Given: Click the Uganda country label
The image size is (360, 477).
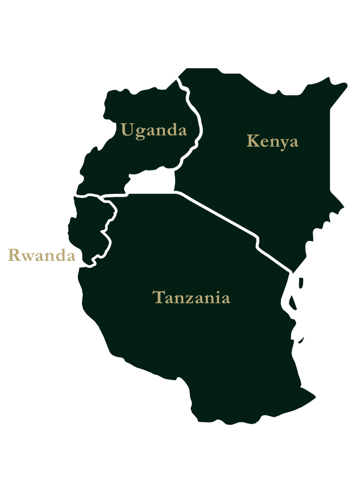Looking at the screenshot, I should point(153,130).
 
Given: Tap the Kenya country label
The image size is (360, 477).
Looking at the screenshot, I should point(272,141).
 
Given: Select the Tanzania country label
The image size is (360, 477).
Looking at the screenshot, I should point(191,297).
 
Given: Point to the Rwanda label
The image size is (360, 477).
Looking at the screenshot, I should point(41,256).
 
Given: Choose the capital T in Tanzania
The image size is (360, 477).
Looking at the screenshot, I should point(158,297).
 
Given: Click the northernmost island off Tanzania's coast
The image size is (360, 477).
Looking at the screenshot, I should point(301,282).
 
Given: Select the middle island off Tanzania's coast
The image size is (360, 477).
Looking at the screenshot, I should point(293,301).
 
